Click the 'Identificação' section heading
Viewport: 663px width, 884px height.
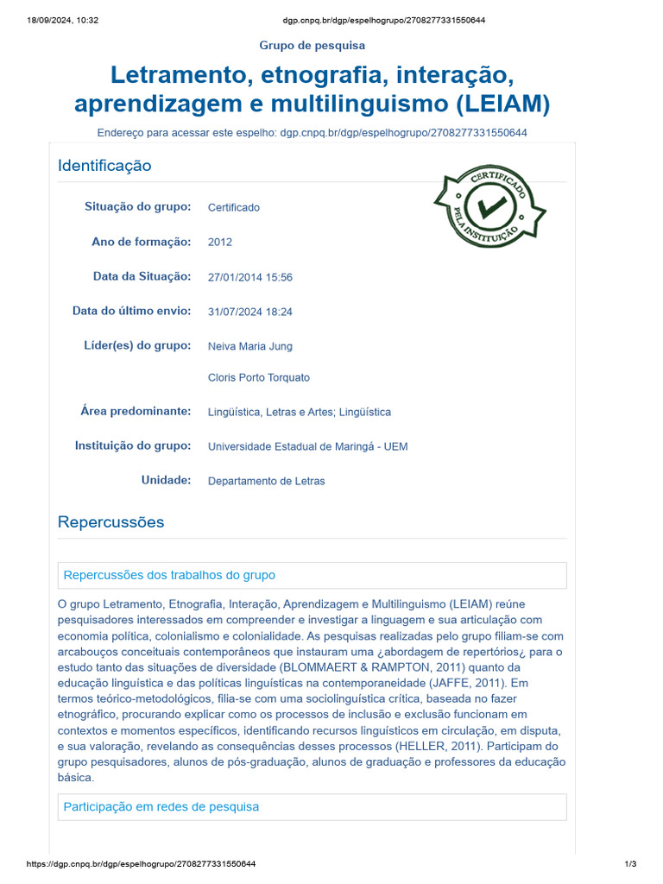(x=104, y=166)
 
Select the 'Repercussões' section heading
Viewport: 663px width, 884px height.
(x=110, y=522)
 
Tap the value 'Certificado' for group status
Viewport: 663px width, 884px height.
(x=234, y=207)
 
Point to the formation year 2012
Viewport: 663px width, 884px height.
(x=220, y=243)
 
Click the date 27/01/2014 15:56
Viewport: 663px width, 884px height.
(x=250, y=277)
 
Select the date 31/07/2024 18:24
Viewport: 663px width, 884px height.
(x=250, y=312)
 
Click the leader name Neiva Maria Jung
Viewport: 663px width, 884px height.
(x=250, y=346)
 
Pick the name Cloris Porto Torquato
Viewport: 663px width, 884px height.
(x=259, y=377)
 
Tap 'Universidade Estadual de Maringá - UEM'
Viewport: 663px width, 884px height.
(x=308, y=446)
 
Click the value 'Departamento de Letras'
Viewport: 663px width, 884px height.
(x=267, y=481)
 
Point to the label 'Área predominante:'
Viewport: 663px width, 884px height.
(x=136, y=412)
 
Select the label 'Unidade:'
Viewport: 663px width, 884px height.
(x=166, y=480)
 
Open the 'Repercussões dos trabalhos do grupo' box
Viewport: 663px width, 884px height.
(x=170, y=575)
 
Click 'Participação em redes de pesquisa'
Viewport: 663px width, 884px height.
(x=161, y=806)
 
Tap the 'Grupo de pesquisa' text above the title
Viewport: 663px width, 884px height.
(x=313, y=45)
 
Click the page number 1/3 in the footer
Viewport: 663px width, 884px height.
(x=630, y=864)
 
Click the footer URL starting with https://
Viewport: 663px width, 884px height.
(x=141, y=864)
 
